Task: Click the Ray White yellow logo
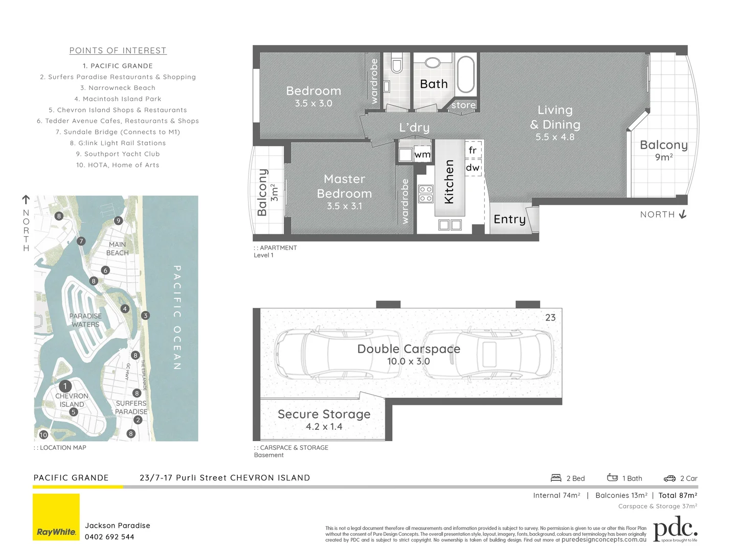56,517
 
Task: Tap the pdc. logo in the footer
675,530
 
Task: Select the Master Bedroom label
344,187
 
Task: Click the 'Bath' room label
433,84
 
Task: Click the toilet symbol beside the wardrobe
396,66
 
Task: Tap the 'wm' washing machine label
422,154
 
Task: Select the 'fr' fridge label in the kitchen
473,150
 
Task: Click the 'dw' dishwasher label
473,168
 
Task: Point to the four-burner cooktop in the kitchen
426,194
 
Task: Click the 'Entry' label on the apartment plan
509,219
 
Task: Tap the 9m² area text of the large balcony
663,157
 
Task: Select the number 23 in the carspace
550,317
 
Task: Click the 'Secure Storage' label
324,414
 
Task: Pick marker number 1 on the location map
65,386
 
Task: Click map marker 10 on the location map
43,434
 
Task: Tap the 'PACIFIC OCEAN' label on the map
177,317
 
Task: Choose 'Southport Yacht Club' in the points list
118,154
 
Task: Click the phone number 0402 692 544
109,537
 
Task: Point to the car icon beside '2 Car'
669,478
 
